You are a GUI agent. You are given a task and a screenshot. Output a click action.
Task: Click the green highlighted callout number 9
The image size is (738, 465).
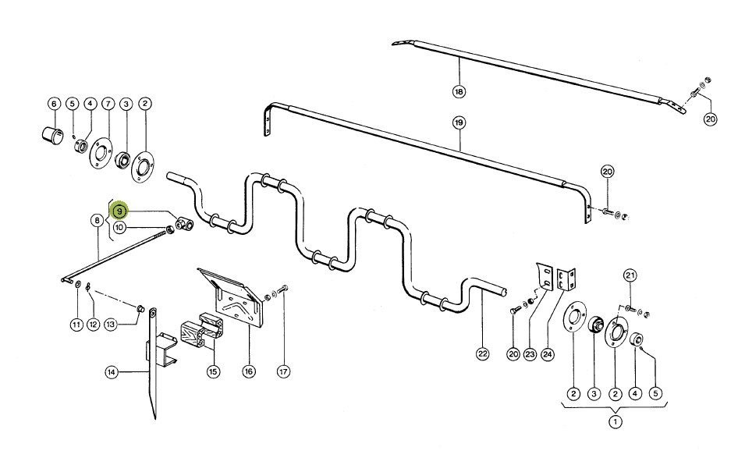[x=119, y=211]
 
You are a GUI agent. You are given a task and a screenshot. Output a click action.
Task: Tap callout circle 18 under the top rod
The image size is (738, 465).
[x=458, y=91]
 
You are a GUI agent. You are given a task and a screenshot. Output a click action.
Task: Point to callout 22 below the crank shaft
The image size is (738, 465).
[x=482, y=353]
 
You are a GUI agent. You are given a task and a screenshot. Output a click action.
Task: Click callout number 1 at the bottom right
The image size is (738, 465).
[x=616, y=422]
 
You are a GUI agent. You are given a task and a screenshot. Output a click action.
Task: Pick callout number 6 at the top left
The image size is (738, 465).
[x=54, y=103]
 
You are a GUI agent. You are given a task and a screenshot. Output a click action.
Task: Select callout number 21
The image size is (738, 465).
[x=630, y=275]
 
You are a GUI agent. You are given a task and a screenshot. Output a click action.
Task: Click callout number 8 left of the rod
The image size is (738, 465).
[x=97, y=221]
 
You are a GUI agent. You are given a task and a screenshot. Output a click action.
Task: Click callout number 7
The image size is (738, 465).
[x=108, y=103]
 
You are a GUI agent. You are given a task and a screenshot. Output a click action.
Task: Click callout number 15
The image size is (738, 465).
[x=213, y=371]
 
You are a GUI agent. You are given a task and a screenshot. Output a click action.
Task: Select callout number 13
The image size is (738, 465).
[x=111, y=324]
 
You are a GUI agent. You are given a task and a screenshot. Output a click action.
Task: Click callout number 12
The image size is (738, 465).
[x=93, y=324]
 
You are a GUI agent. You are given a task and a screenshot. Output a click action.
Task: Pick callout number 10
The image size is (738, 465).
[x=119, y=227]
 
